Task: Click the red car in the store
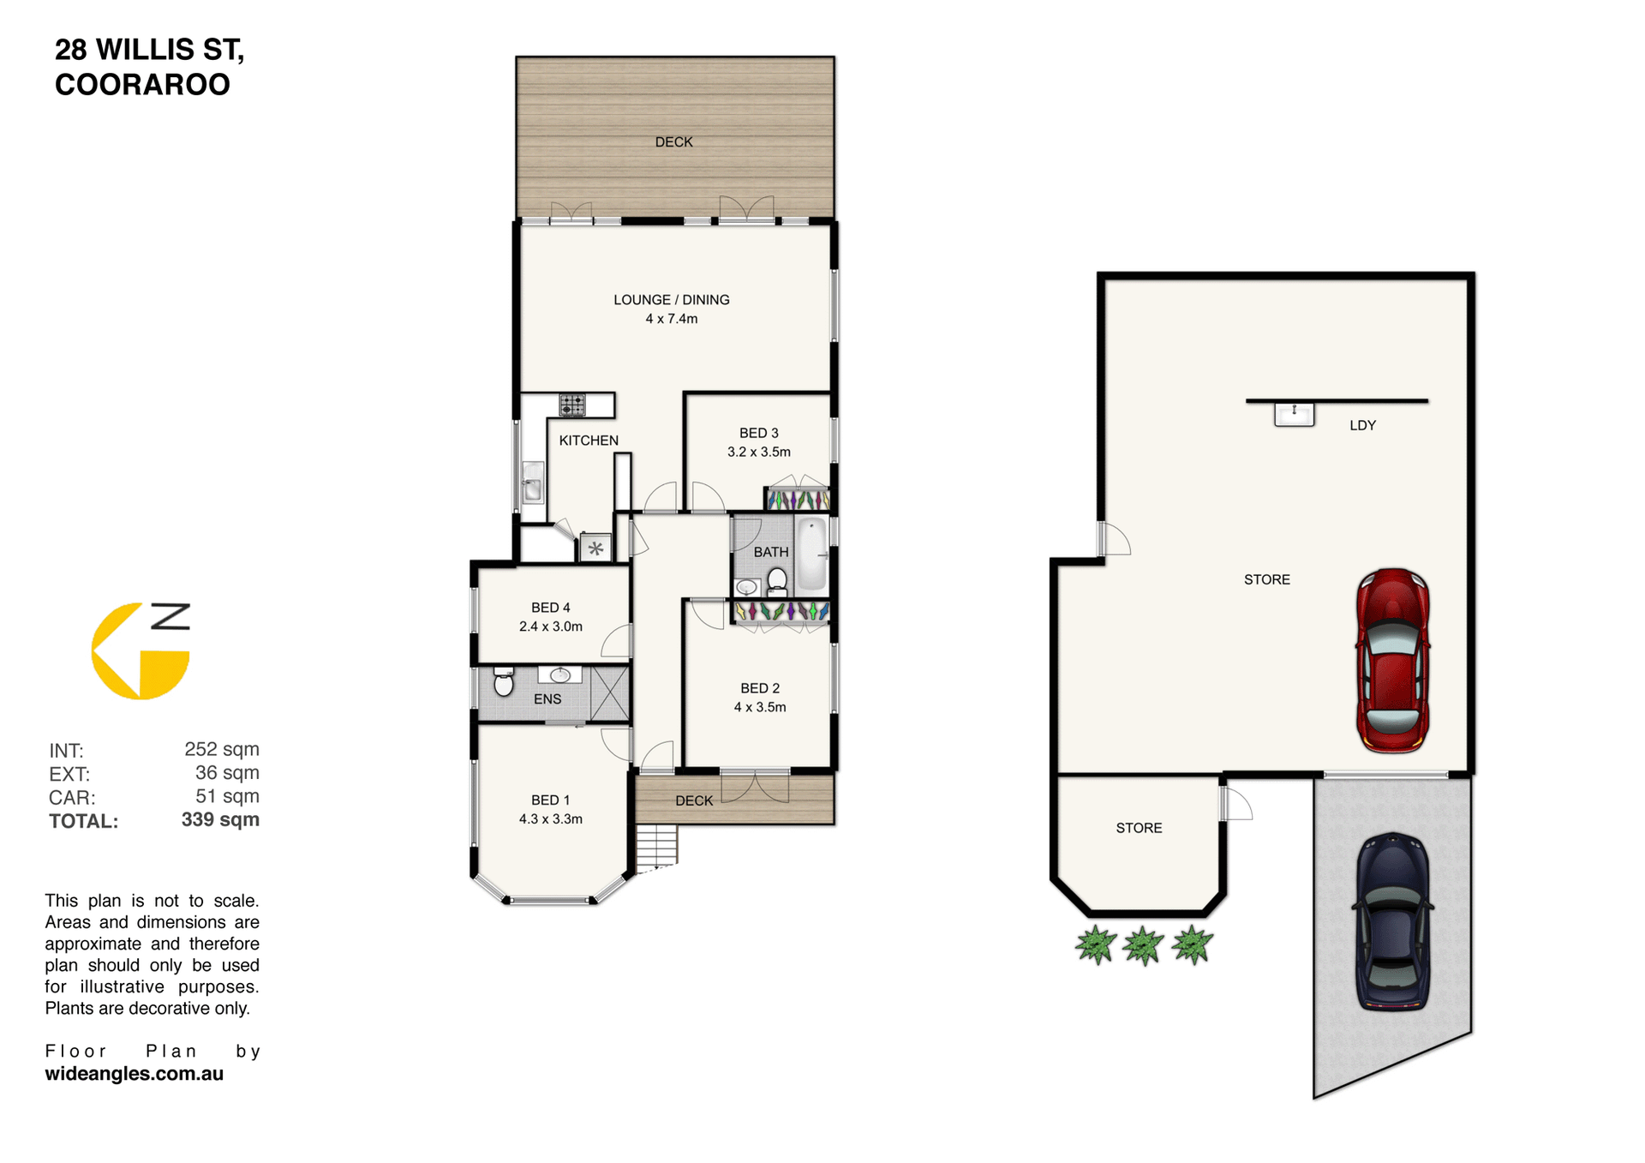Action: tap(1392, 661)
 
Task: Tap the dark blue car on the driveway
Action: tap(1392, 921)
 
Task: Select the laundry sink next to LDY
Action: tap(1294, 415)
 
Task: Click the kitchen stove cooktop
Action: tap(572, 405)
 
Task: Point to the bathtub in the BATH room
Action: tap(811, 555)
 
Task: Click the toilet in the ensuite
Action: tap(504, 682)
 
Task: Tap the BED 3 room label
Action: tap(759, 434)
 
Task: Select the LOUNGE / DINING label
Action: tap(672, 300)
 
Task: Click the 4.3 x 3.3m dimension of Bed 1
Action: tap(551, 819)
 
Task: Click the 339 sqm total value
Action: tap(220, 819)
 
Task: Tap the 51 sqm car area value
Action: tap(227, 796)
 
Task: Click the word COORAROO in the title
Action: tap(142, 85)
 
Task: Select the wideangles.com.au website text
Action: tap(135, 1074)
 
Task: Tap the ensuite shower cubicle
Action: tap(609, 693)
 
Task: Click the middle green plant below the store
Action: tap(1144, 945)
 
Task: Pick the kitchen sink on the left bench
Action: tap(533, 483)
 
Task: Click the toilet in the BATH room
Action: tap(777, 580)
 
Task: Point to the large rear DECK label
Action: tap(674, 142)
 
